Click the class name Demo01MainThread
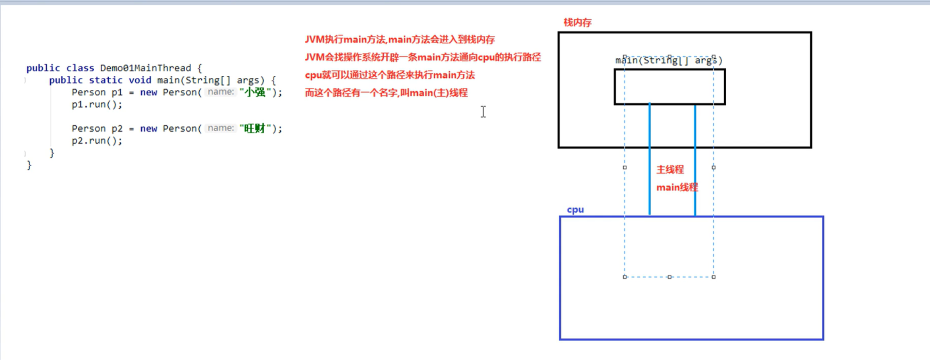pyautogui.click(x=145, y=68)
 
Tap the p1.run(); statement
pyautogui.click(x=97, y=104)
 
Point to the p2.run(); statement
pyautogui.click(x=97, y=141)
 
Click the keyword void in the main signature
pyautogui.click(x=140, y=80)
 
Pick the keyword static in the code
pyautogui.click(x=105, y=80)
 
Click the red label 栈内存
pyautogui.click(x=577, y=23)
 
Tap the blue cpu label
pyautogui.click(x=575, y=209)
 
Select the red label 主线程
pyautogui.click(x=670, y=170)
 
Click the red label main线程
pyautogui.click(x=677, y=187)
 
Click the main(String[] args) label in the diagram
pyautogui.click(x=669, y=60)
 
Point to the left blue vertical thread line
pyautogui.click(x=649, y=161)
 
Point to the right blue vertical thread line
pyautogui.click(x=695, y=161)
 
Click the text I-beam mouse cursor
pyautogui.click(x=483, y=112)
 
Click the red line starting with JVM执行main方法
pyautogui.click(x=399, y=39)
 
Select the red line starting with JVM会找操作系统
pyautogui.click(x=422, y=57)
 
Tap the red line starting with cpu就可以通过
pyautogui.click(x=389, y=75)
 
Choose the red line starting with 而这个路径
pyautogui.click(x=386, y=93)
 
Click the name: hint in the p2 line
pyautogui.click(x=221, y=128)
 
